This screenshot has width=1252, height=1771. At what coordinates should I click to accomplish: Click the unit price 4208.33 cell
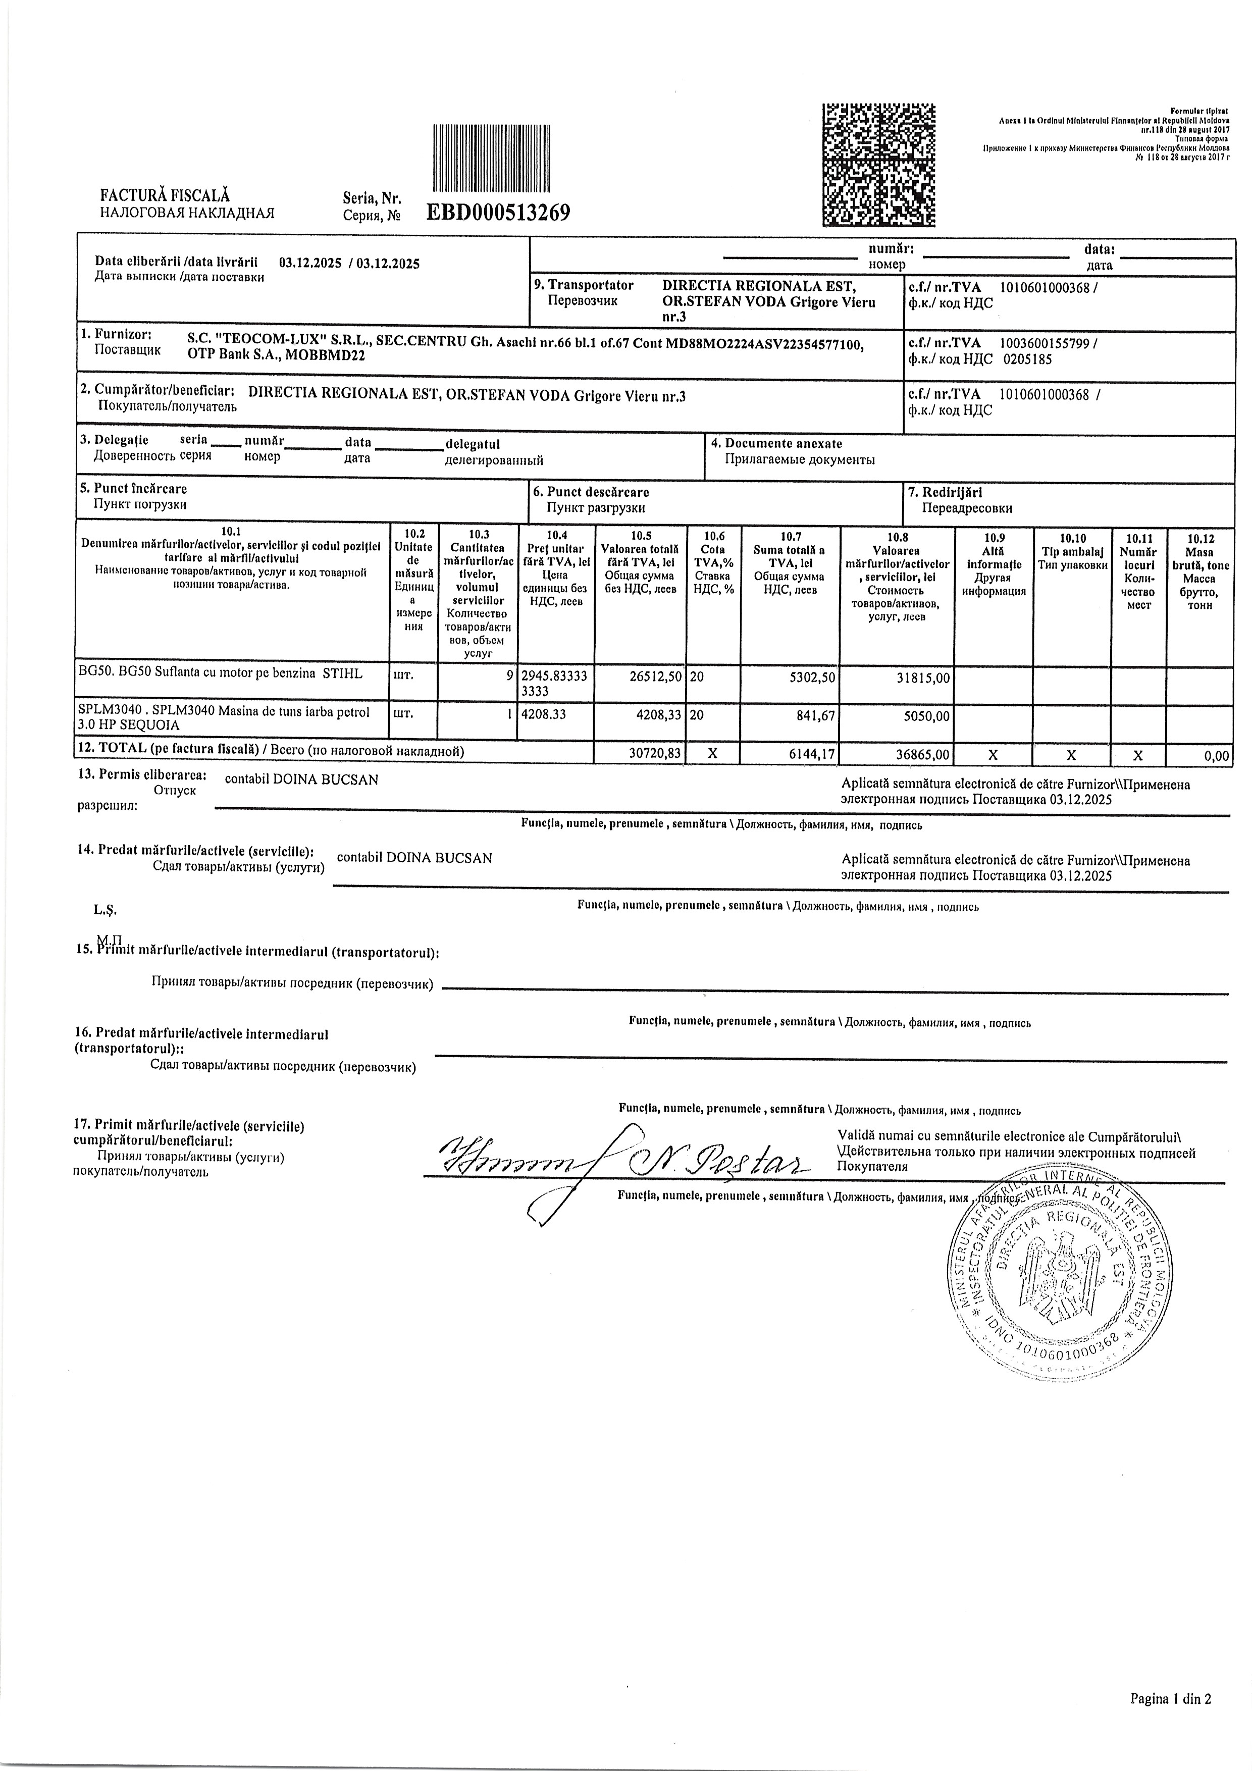click(x=544, y=715)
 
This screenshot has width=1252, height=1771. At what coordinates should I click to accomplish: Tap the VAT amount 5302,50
click(x=808, y=675)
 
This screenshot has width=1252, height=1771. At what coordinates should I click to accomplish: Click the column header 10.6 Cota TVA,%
click(x=713, y=562)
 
